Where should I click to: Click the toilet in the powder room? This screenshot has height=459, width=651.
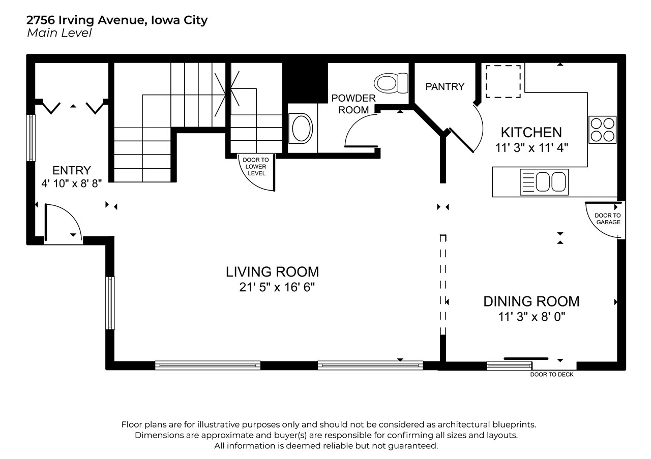coord(391,83)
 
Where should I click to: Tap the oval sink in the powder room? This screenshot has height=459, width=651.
coord(301,129)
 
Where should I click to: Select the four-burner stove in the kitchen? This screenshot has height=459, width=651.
coord(603,130)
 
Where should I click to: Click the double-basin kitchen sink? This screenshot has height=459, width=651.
coord(544,182)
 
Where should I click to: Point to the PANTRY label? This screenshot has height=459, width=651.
coord(445,86)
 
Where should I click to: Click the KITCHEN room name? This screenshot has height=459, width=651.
coord(531,133)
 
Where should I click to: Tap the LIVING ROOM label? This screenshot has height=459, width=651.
coord(272,272)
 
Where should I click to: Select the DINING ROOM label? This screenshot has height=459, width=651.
coord(531,301)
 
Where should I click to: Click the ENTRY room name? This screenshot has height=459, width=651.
coord(72,170)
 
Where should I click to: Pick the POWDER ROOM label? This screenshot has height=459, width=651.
coord(353,104)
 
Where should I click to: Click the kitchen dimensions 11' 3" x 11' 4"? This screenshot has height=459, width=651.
coord(531,148)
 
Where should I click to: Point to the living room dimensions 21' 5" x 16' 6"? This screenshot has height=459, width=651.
coord(277,287)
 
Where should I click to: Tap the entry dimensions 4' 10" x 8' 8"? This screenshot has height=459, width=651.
coord(72,183)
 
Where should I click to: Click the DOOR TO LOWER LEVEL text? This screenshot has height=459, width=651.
coord(256,166)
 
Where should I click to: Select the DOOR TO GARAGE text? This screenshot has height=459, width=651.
coord(607,219)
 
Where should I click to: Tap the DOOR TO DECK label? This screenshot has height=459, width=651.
coord(552,375)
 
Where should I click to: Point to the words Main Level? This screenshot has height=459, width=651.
coord(60,33)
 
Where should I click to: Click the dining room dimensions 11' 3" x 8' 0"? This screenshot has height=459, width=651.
coord(532,317)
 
